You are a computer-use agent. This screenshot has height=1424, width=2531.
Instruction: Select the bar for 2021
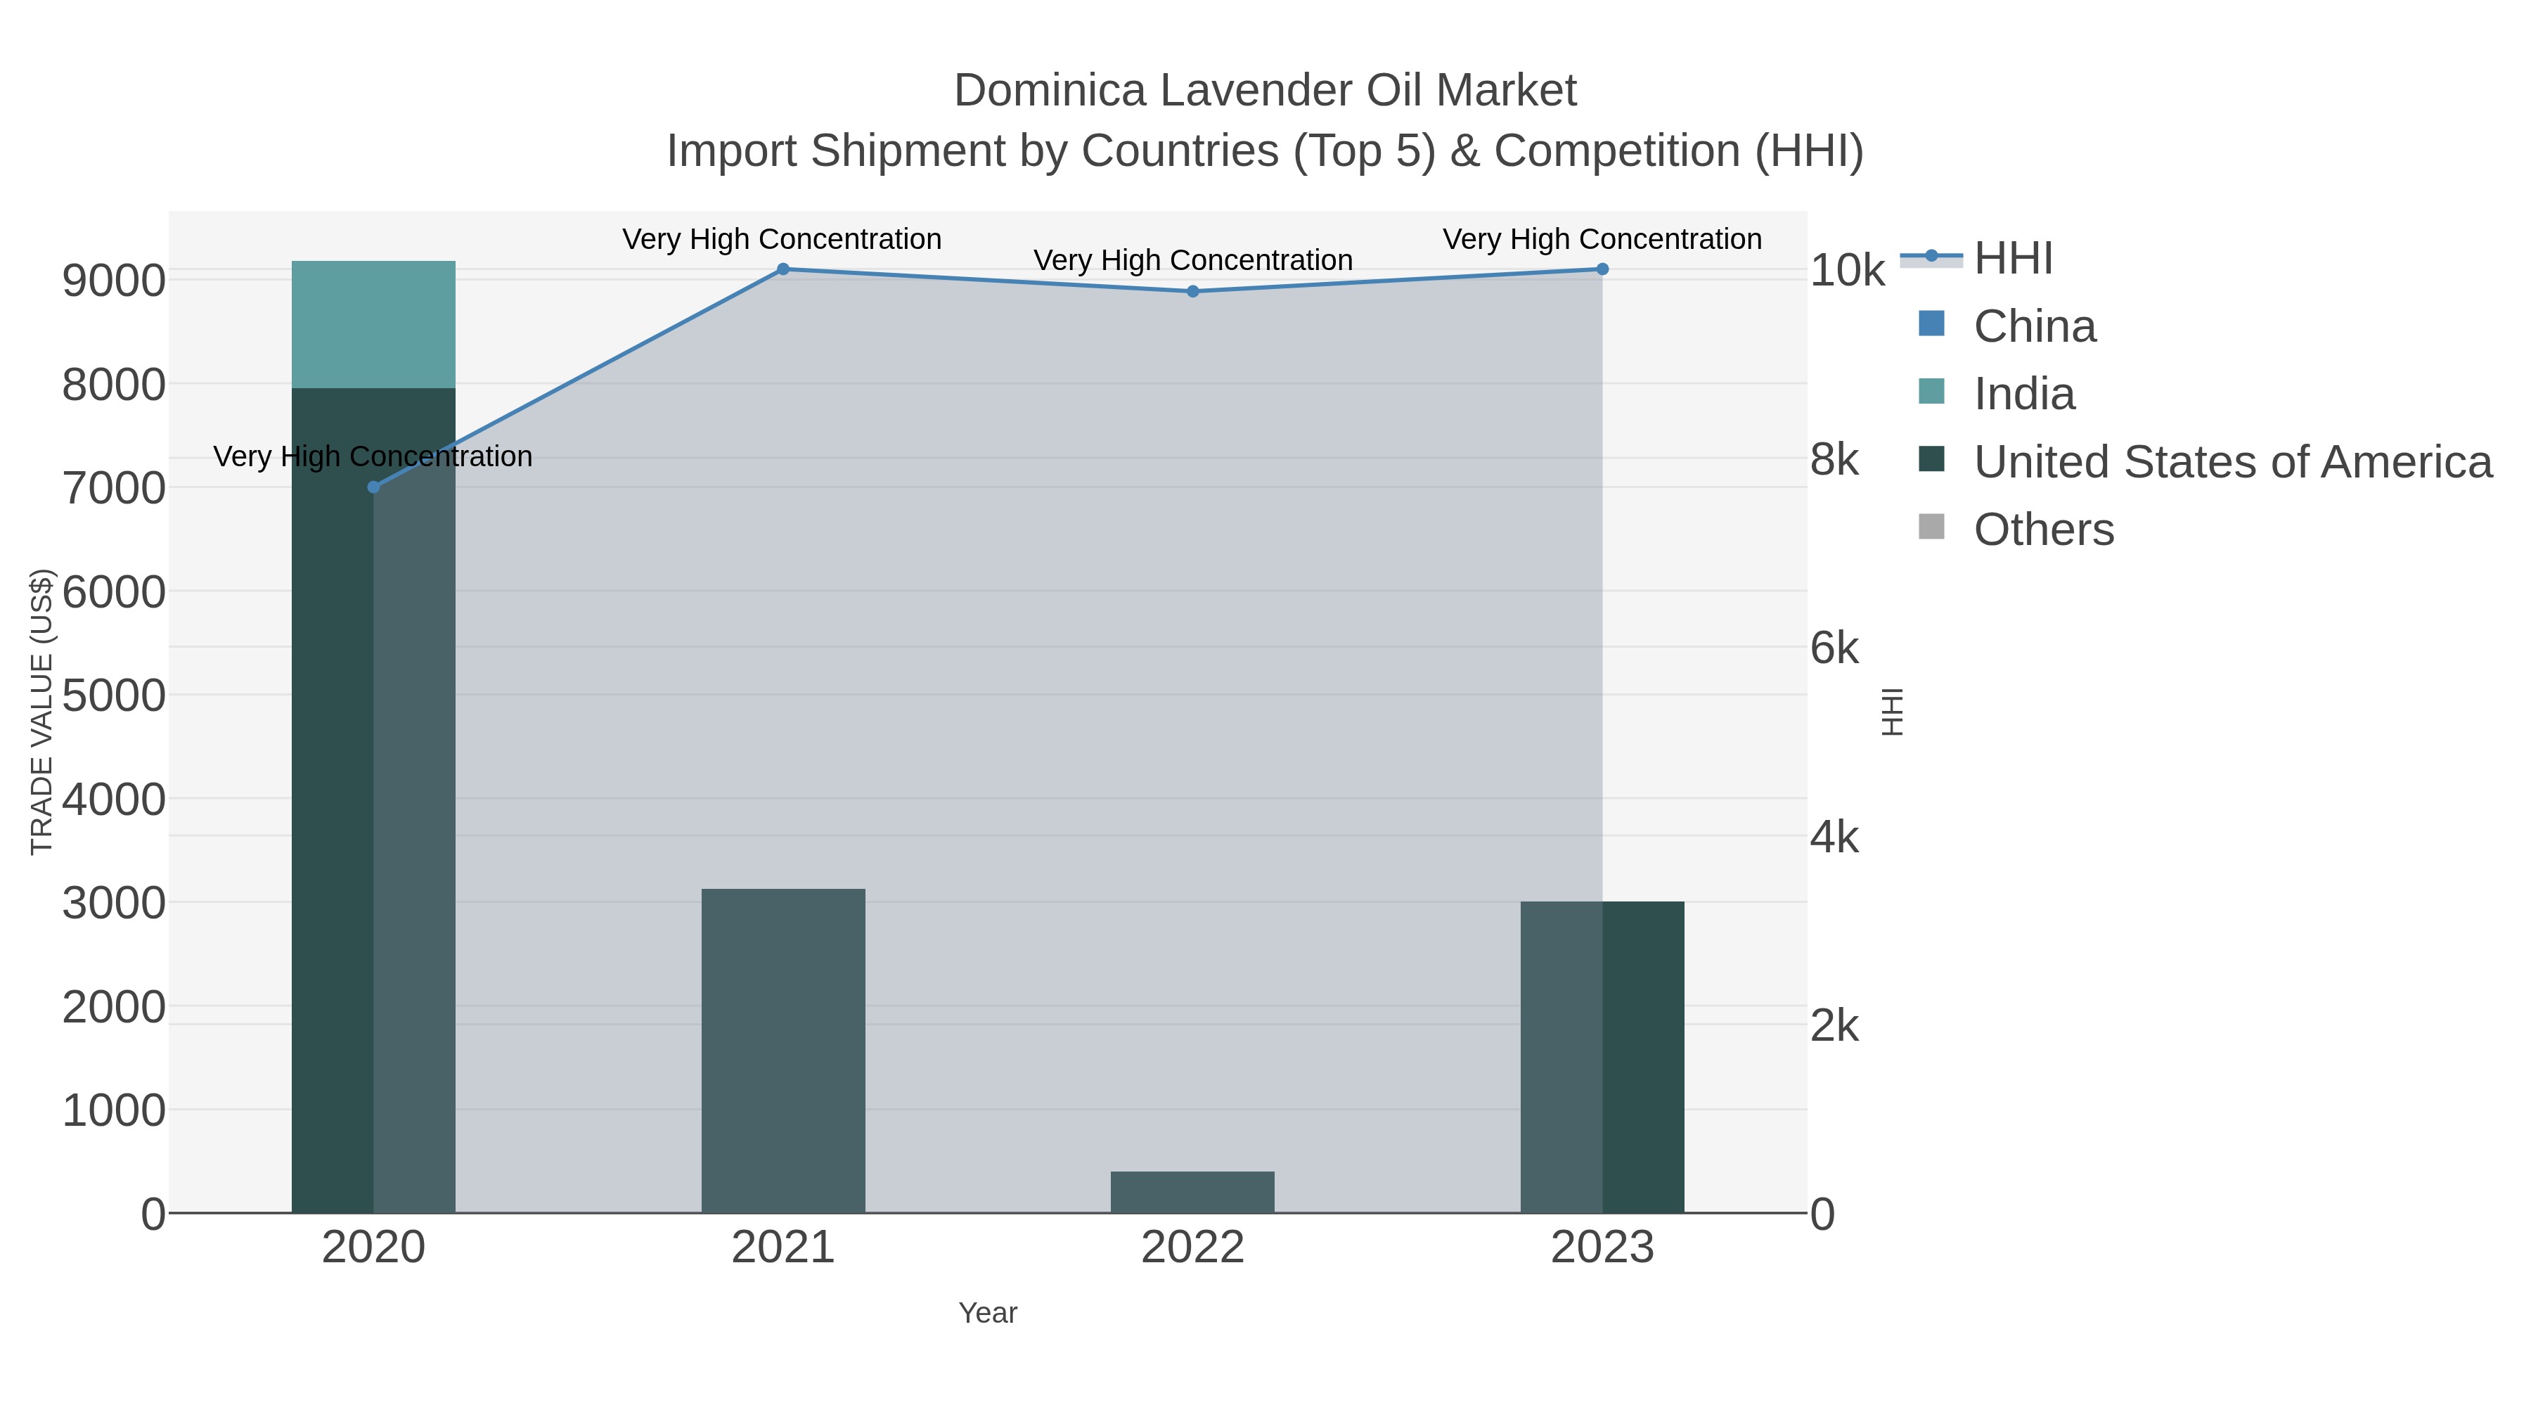pyautogui.click(x=783, y=1051)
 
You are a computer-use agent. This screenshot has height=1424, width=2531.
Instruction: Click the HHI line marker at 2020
pyautogui.click(x=373, y=487)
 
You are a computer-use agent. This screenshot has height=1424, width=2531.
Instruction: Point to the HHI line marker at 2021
pyautogui.click(x=783, y=269)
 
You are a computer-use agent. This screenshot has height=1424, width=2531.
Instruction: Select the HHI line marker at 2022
pyautogui.click(x=1193, y=292)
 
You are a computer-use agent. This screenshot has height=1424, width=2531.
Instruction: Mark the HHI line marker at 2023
pyautogui.click(x=1602, y=269)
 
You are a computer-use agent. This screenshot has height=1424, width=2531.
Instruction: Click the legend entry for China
pyautogui.click(x=2034, y=326)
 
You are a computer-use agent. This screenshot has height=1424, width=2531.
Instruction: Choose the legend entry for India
pyautogui.click(x=2024, y=394)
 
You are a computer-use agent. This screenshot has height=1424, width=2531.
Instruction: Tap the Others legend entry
pyautogui.click(x=2044, y=530)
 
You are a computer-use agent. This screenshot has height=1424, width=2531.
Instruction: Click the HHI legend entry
pyautogui.click(x=2012, y=259)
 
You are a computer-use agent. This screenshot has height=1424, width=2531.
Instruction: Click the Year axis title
pyautogui.click(x=988, y=1313)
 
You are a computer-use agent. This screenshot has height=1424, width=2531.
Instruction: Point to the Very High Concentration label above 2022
pyautogui.click(x=1193, y=260)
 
